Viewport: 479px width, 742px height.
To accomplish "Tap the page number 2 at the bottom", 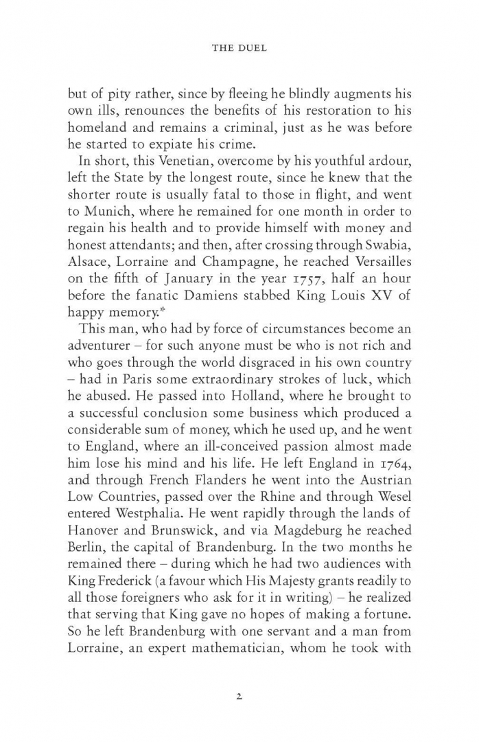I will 239,695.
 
